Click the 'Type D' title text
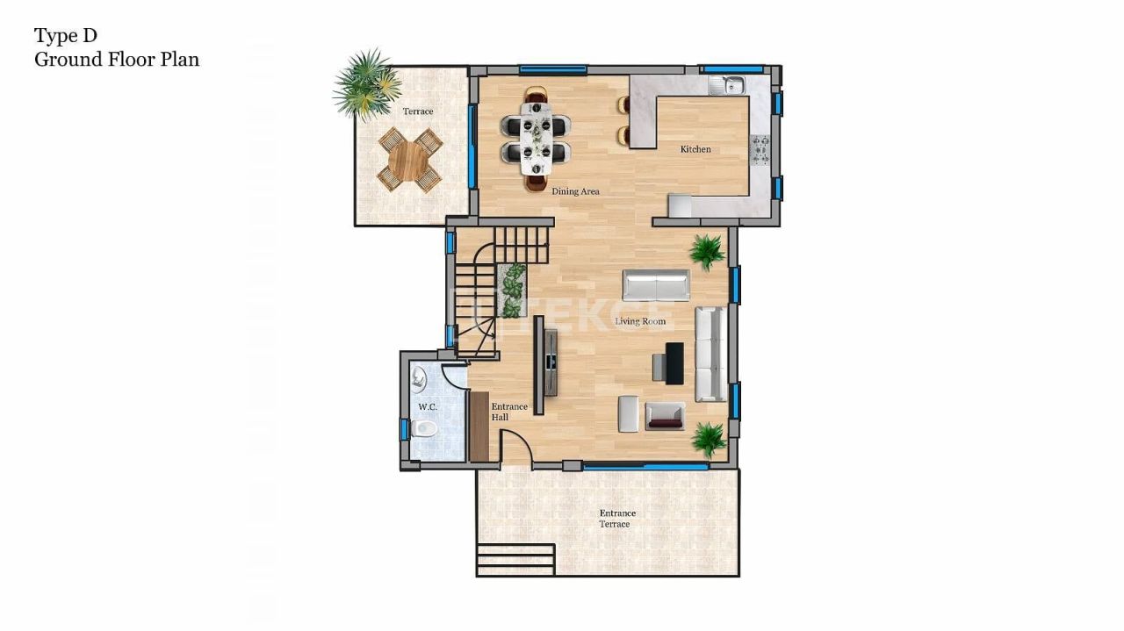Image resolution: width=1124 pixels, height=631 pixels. click(66, 35)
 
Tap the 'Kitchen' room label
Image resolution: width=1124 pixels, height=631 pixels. click(695, 149)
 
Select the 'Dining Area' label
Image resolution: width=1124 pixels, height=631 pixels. click(576, 190)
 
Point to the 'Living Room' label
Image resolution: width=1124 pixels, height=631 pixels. click(640, 321)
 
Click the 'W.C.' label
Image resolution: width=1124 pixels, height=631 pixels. click(428, 407)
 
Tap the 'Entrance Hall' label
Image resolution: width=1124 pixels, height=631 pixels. click(509, 412)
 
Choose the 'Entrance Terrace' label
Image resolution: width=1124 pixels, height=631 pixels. click(616, 519)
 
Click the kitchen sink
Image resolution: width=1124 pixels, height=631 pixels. click(728, 85)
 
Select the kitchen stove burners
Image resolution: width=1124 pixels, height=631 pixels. click(760, 150)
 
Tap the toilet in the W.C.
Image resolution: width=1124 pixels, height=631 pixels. click(425, 429)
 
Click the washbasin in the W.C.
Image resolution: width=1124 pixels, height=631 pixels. click(419, 379)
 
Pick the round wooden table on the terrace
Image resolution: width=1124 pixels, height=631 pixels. click(408, 160)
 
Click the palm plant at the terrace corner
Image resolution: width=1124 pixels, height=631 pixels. click(366, 83)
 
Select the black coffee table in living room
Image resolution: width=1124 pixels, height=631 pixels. click(674, 363)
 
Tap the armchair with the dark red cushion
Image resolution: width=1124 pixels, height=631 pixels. click(665, 415)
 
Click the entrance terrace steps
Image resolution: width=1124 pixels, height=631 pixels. click(515, 559)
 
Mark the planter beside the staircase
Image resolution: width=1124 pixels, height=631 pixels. click(511, 290)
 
